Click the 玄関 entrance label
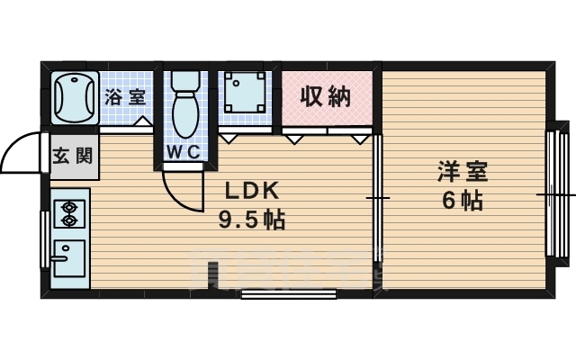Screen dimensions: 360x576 pyautogui.click(x=71, y=155)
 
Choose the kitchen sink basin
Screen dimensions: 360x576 pyautogui.click(x=67, y=261)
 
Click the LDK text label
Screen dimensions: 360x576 pyautogui.click(x=253, y=191)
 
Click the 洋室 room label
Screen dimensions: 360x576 pyautogui.click(x=458, y=170)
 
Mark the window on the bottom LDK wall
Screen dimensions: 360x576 pyautogui.click(x=289, y=292)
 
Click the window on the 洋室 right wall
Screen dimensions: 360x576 pyautogui.click(x=550, y=193)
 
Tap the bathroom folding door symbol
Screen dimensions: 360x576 pyautogui.click(x=142, y=122)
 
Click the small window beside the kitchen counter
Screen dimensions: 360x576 pyautogui.click(x=43, y=238)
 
